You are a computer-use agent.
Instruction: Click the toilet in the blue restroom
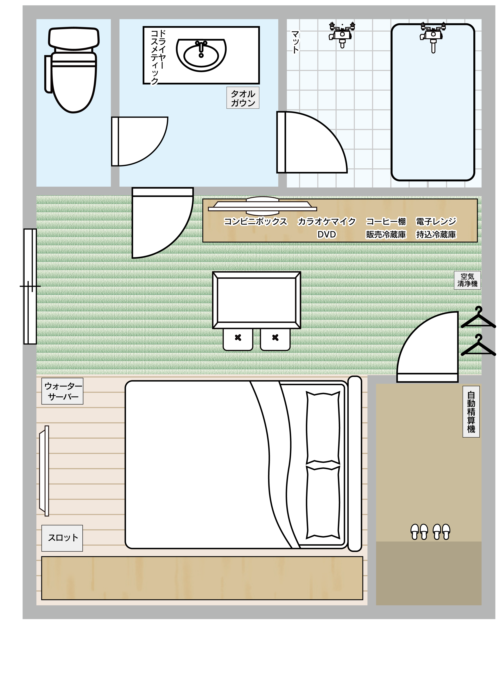73,70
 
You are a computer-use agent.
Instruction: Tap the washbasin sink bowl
201,55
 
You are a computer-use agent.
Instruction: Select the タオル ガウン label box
243,98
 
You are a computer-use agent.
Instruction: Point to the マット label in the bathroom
295,42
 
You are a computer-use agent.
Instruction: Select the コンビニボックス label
255,222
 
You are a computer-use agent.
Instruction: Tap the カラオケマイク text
326,222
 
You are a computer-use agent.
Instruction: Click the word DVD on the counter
327,234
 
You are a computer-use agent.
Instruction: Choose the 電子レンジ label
436,222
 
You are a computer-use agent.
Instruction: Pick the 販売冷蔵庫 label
386,234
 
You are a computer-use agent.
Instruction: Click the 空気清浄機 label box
467,280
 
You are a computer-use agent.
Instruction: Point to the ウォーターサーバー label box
62,391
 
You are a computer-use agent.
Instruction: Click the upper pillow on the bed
323,428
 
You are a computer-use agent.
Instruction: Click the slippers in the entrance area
430,532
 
